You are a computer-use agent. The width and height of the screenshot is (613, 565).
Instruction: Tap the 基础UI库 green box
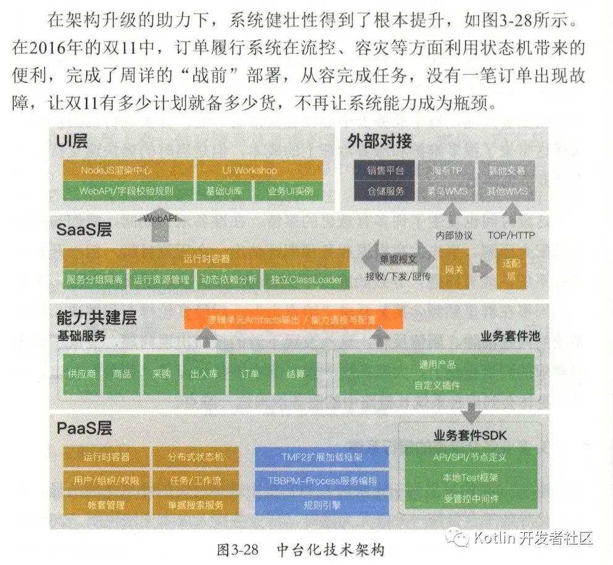click(224, 191)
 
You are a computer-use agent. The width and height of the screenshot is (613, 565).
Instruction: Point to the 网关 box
click(454, 269)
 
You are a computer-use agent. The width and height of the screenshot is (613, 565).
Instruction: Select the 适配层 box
click(512, 269)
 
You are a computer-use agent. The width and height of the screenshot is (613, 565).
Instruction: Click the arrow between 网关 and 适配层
click(483, 270)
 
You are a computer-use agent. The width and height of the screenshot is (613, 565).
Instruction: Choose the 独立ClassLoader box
click(306, 280)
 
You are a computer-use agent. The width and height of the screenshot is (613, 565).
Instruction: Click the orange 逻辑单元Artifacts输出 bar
click(293, 320)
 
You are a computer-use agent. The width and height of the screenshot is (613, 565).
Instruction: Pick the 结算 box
click(295, 374)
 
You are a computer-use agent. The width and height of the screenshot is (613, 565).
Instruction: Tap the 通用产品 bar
click(437, 364)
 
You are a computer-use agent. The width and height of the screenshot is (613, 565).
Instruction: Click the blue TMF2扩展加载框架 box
click(322, 458)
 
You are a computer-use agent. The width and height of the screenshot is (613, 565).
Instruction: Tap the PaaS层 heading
click(85, 428)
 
